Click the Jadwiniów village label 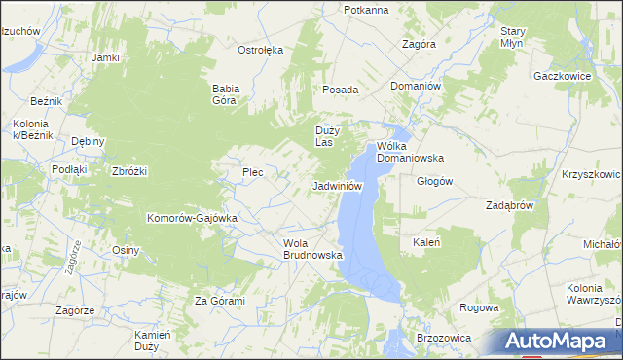(338, 186)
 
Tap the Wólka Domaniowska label (410, 151)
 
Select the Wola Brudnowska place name (312, 249)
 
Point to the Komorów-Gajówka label (192, 218)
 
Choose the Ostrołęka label (260, 49)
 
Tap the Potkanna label (366, 10)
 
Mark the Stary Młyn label (513, 38)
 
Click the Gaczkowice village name (564, 75)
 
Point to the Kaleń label (427, 242)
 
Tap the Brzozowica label (444, 337)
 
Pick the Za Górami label (219, 301)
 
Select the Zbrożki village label (129, 171)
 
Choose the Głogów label (435, 181)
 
